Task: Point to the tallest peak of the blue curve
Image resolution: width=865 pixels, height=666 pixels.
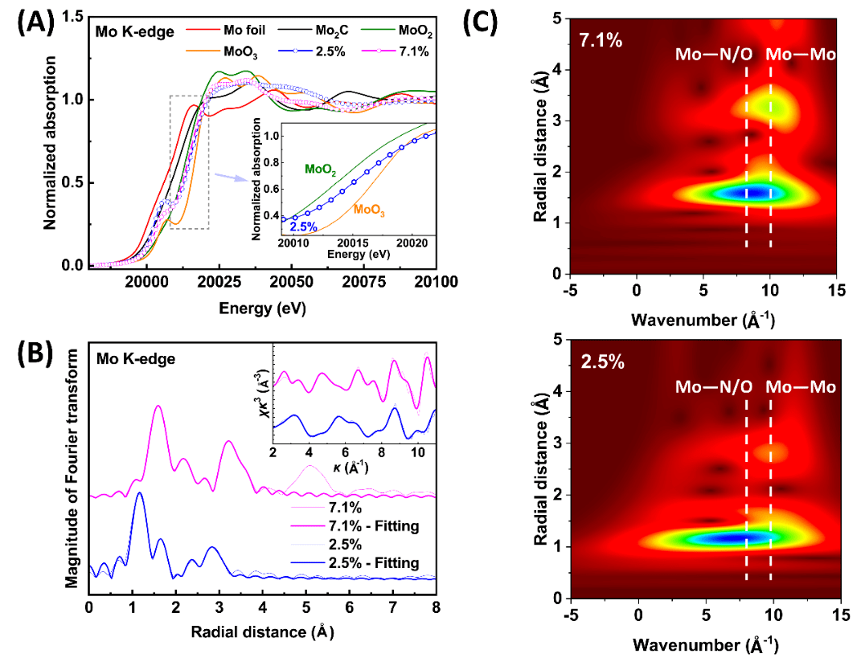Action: tap(140, 493)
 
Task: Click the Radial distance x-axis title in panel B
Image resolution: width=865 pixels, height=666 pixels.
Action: tap(262, 631)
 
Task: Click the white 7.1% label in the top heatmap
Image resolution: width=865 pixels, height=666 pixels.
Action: tap(601, 38)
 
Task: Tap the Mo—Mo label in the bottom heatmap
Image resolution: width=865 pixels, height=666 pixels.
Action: tap(801, 386)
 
